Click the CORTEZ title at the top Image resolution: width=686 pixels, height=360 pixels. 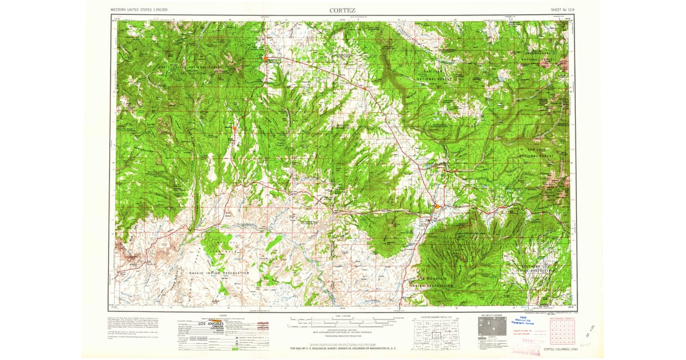342,10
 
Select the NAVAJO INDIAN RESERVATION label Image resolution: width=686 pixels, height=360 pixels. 220,273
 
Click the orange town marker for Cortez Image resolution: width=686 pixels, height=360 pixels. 437,206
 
